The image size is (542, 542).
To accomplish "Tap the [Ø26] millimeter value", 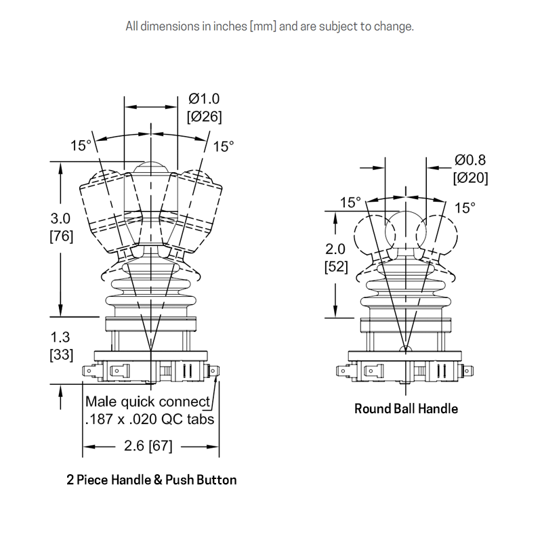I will click(204, 117).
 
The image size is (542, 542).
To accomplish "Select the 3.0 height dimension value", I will click(61, 219).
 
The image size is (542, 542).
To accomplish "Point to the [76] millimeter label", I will click(61, 236).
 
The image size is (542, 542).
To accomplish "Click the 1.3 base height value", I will click(61, 337).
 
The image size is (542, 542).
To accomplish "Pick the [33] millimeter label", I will click(61, 354).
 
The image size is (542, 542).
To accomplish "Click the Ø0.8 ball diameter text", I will click(471, 161).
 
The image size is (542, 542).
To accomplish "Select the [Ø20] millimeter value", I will click(471, 178).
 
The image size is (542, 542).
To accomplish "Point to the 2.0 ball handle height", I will click(336, 249).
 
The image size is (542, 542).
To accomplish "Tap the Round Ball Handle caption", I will click(406, 409).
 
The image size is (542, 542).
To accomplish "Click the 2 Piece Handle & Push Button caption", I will click(152, 480).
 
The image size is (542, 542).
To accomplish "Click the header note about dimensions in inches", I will click(270, 27).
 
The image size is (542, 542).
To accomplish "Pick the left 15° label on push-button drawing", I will click(80, 146).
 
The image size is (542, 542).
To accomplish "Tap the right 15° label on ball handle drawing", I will click(465, 207).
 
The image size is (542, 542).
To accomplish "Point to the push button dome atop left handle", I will click(150, 167).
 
